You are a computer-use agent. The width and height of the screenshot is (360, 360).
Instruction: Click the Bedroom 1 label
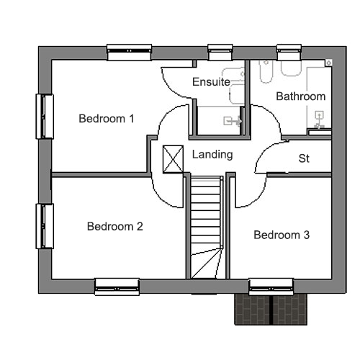[x=107, y=119]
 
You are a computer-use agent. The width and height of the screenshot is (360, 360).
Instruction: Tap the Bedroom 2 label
[x=115, y=226]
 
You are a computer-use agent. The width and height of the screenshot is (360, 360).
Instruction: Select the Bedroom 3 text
[x=282, y=235]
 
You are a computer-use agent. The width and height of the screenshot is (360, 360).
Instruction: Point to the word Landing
[x=212, y=155]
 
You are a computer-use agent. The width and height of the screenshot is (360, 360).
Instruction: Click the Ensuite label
[x=211, y=82]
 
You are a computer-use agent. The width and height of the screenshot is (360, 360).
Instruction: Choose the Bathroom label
[x=301, y=96]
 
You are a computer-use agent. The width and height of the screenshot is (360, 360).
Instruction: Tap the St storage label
[x=304, y=158]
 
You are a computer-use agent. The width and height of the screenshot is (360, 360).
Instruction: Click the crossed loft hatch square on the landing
[x=173, y=159]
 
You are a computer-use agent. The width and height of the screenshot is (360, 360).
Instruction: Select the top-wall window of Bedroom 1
[x=129, y=52]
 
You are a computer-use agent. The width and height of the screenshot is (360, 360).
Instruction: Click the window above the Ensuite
[x=220, y=52]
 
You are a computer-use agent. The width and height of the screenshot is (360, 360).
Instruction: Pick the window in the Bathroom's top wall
[x=289, y=52]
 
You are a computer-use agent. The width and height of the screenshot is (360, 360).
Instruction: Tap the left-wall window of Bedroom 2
[x=45, y=226]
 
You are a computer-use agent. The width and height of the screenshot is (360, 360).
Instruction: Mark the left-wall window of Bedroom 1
[x=45, y=117]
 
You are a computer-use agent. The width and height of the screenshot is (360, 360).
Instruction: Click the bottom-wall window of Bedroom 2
[x=117, y=287]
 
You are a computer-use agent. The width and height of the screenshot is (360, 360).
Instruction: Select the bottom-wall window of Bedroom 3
[x=271, y=287]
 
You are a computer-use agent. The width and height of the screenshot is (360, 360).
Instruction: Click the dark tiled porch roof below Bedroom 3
[x=271, y=310]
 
